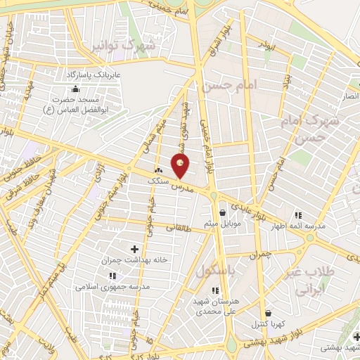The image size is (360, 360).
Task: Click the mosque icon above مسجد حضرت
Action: [x=75, y=89]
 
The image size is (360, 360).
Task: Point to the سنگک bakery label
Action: [x=157, y=181]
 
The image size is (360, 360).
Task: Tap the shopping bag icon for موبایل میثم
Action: [x=223, y=212]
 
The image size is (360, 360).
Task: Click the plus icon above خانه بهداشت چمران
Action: [x=135, y=248]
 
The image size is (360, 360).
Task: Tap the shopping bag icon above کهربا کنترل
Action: [x=267, y=314]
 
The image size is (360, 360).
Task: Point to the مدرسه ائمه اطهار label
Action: [x=301, y=226]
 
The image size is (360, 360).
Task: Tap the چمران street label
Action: [x=259, y=254]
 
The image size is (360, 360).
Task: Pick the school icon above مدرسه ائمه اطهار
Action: [x=298, y=215]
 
